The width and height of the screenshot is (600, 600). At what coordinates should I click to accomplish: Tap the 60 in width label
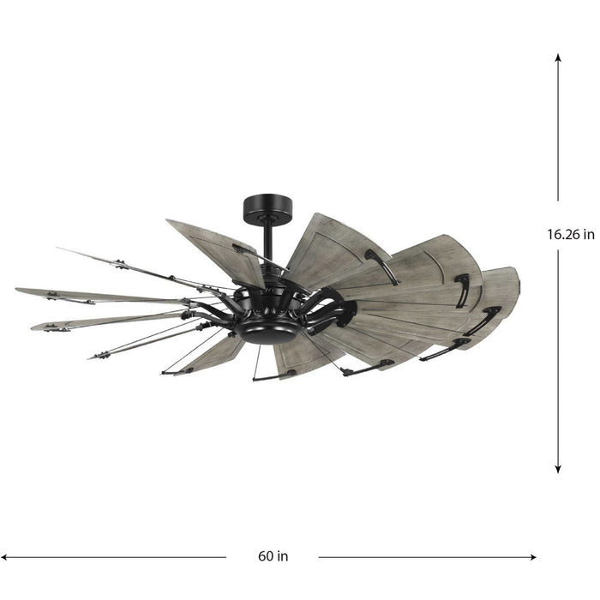(273, 556)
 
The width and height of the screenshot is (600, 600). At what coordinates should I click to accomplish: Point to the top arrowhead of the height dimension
(558, 57)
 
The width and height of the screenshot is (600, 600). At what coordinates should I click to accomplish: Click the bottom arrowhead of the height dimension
(558, 468)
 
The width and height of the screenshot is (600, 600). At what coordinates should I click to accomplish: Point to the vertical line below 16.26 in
(558, 360)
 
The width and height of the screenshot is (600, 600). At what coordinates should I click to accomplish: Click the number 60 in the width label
(265, 556)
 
